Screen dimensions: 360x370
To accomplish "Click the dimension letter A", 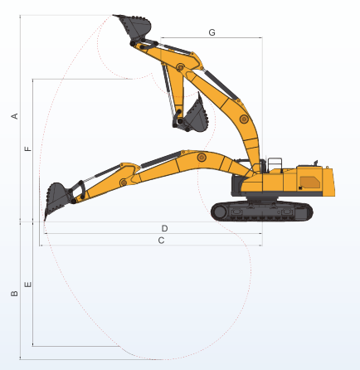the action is pyautogui.click(x=15, y=116).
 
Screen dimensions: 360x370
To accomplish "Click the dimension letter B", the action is pyautogui.click(x=14, y=294).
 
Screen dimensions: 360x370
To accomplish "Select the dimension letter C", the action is pyautogui.click(x=161, y=241).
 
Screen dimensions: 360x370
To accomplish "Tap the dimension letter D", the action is pyautogui.click(x=164, y=228).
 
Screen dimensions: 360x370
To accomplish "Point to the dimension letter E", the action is pyautogui.click(x=28, y=285).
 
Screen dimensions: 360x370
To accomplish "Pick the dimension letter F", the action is pyautogui.click(x=28, y=148).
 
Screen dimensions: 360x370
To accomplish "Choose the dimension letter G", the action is pyautogui.click(x=212, y=32).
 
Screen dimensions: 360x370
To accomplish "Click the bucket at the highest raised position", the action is pyautogui.click(x=134, y=26).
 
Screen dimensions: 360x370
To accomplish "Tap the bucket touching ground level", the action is pyautogui.click(x=57, y=197).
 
